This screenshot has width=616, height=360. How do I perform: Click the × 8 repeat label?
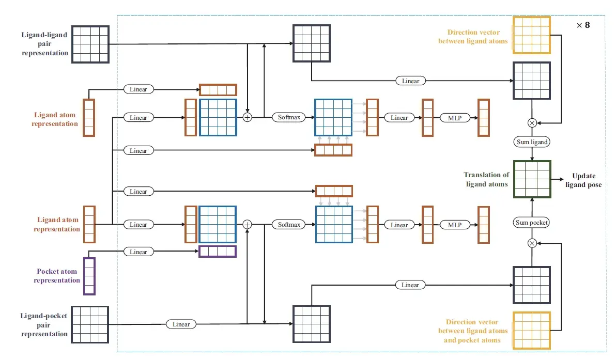[x=582, y=25]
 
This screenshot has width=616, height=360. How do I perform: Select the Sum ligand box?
[x=532, y=142]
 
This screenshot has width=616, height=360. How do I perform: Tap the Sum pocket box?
[x=532, y=223]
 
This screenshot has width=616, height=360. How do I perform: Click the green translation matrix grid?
[x=532, y=179]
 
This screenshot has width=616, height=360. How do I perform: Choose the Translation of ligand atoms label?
[x=486, y=179]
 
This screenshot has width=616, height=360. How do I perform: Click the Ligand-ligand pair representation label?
[x=45, y=44]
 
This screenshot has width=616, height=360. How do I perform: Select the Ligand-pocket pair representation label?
[x=44, y=324]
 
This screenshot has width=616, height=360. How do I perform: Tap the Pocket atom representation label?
[x=57, y=276]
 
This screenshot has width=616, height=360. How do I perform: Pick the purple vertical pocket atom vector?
[x=89, y=276]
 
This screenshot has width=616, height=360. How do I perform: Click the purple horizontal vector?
[x=218, y=252]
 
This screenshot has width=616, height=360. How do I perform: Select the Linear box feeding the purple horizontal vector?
[x=138, y=252]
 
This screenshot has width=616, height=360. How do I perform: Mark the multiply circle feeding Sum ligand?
[x=532, y=123]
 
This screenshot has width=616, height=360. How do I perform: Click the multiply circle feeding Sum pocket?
[x=532, y=243]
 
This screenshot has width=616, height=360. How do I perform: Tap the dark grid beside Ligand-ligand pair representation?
[x=90, y=44]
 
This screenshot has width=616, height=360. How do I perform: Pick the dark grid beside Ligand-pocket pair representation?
[x=89, y=324]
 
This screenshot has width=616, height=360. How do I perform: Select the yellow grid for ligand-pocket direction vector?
[x=532, y=330]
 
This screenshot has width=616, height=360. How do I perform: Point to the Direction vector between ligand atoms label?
[x=473, y=37]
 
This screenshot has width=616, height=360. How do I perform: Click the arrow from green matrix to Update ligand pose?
[x=560, y=179]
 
